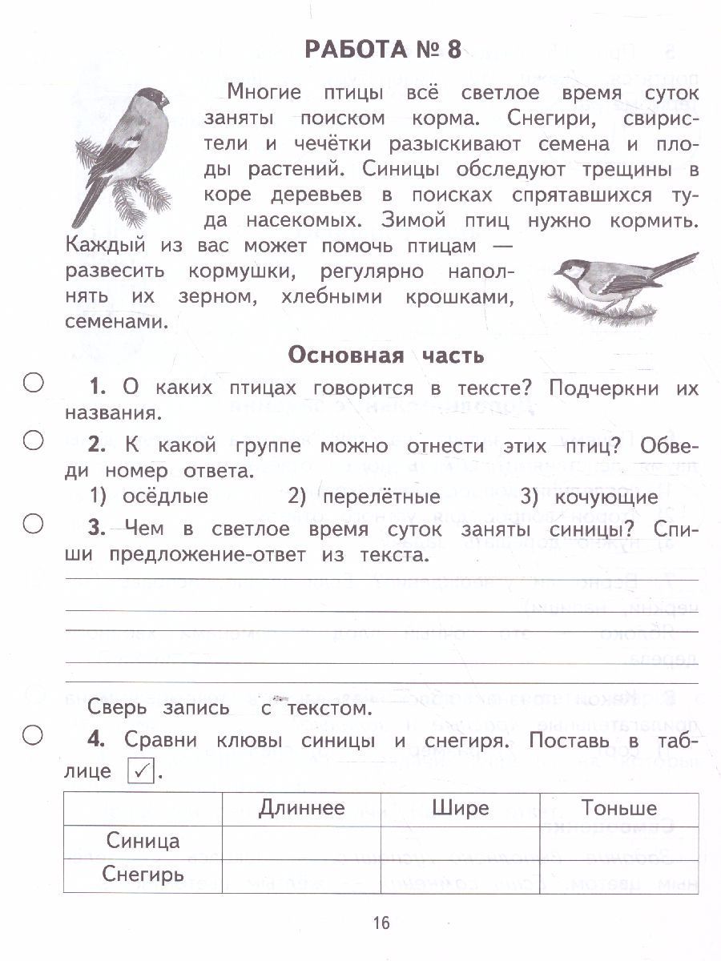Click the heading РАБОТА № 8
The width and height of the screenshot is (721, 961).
(x=383, y=50)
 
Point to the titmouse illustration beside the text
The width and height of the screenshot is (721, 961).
(x=622, y=283)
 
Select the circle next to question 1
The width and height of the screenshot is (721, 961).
(x=33, y=383)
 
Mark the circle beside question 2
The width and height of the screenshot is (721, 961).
(x=33, y=440)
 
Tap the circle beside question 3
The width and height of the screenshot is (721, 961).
(x=33, y=524)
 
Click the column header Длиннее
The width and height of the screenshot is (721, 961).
(x=301, y=808)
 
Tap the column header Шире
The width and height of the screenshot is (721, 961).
(x=460, y=808)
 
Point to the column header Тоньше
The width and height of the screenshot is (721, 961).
(x=618, y=808)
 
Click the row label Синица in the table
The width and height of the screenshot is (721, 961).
(x=143, y=842)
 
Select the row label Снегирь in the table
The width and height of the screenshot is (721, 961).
(x=143, y=875)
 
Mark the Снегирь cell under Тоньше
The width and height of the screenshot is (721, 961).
(x=618, y=875)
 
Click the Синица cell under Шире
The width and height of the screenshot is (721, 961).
(x=460, y=842)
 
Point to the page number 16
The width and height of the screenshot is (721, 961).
(x=381, y=923)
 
